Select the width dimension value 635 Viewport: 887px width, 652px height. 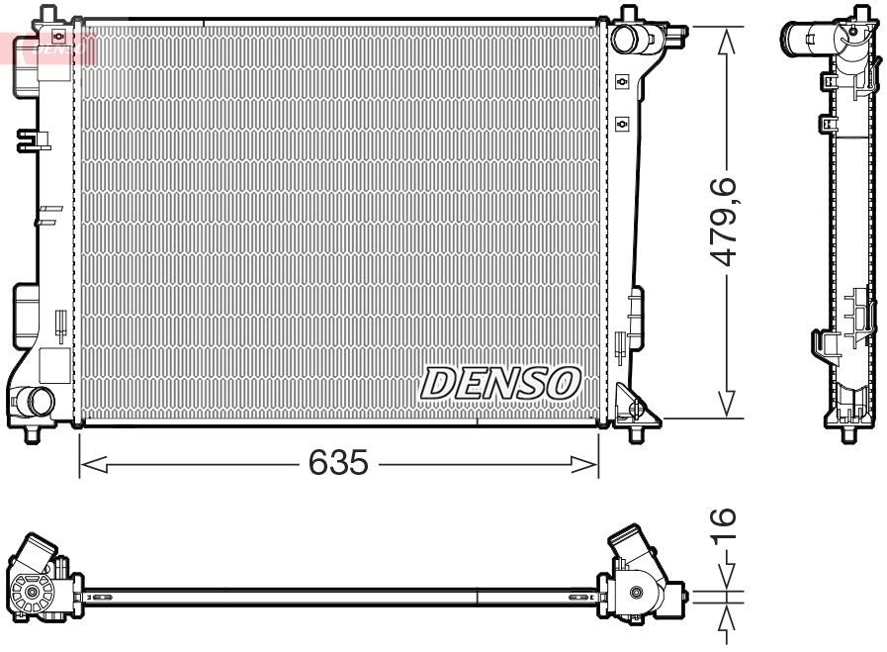pos(338,462)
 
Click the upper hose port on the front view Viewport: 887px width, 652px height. pos(625,39)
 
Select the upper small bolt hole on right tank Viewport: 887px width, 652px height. pos(622,81)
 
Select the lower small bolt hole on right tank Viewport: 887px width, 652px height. pos(622,123)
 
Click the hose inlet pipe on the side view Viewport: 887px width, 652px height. pos(806,38)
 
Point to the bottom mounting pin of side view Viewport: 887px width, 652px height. pos(848,434)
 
